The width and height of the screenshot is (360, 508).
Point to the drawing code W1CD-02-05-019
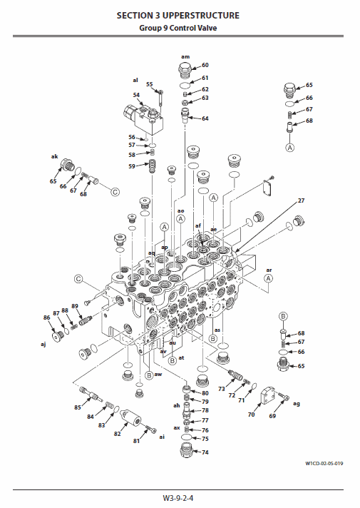[x=324, y=465]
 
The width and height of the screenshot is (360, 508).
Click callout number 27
[x=301, y=200]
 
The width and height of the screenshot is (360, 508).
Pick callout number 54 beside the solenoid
[x=136, y=94]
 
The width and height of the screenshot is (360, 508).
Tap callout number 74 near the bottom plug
[x=205, y=452]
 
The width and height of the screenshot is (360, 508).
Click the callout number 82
[x=116, y=433]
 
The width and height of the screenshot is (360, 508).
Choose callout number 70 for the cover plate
[x=250, y=413]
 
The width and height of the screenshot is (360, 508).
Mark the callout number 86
[x=47, y=317]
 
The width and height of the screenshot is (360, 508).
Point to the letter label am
[x=185, y=56]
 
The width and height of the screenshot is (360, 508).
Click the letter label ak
[x=54, y=156]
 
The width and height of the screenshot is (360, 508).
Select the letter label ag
[x=297, y=403]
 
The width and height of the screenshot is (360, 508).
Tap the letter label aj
[x=43, y=344]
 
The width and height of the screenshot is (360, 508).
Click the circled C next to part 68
[x=114, y=190]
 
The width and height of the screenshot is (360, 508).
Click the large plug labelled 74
[x=185, y=451]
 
